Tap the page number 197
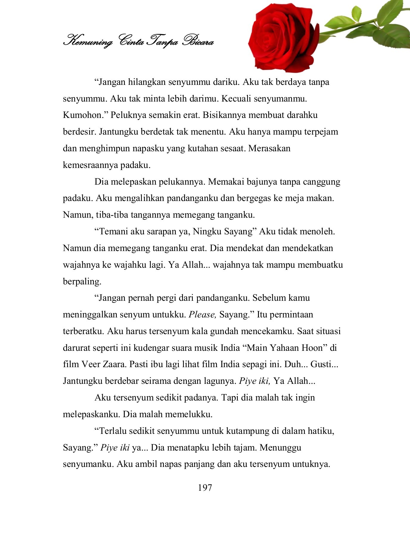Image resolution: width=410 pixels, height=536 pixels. click(x=205, y=488)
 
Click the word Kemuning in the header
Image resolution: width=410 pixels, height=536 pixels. click(x=88, y=41)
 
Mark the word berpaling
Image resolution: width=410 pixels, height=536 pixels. click(x=82, y=281)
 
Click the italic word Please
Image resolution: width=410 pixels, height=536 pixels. click(x=202, y=314)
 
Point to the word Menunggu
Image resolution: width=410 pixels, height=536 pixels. click(x=280, y=448)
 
